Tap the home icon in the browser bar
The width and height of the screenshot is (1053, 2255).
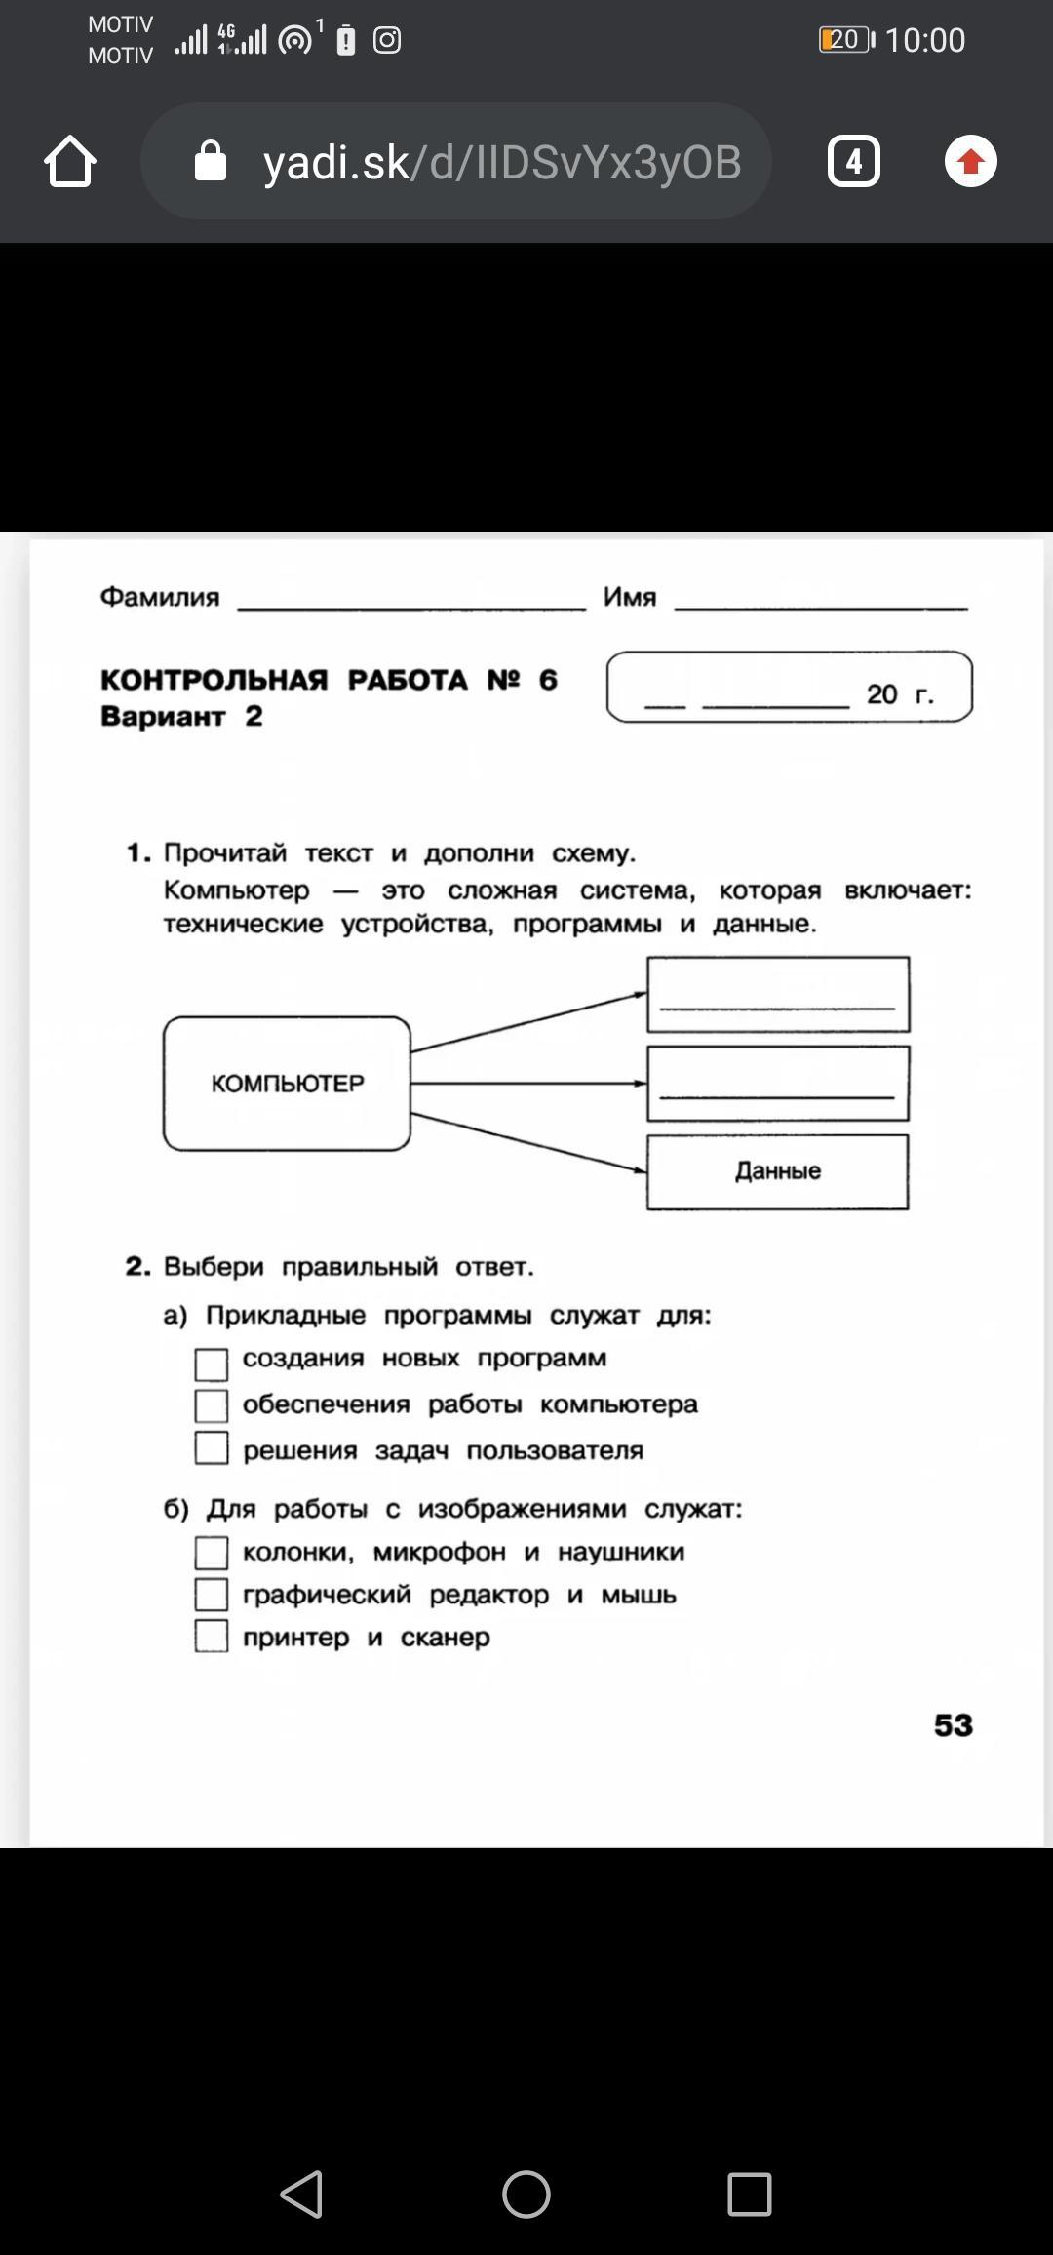[x=70, y=161]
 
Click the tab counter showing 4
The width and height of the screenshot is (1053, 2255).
[x=853, y=161]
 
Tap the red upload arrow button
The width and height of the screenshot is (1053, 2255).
[x=970, y=161]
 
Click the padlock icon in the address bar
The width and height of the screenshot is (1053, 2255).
[x=211, y=161]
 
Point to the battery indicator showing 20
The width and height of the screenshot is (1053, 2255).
[x=845, y=40]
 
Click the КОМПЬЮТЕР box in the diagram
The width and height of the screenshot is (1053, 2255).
[x=287, y=1084]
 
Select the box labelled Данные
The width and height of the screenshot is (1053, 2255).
[x=777, y=1171]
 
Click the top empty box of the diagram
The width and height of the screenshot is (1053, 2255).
[x=778, y=994]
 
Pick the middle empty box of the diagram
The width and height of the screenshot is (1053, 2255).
[x=778, y=1084]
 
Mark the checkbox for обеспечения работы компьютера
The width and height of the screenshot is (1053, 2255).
[x=212, y=1405]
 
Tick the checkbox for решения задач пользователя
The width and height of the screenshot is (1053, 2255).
[x=212, y=1447]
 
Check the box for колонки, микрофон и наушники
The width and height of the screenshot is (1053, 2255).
[x=212, y=1552]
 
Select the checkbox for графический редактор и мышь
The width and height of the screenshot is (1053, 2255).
[x=212, y=1594]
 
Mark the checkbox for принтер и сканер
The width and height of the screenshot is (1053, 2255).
[x=212, y=1636]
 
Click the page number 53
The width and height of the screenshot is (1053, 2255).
[x=953, y=1725]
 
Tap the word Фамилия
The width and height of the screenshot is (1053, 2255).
[x=160, y=597]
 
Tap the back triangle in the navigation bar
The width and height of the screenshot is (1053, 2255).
[x=301, y=2195]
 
